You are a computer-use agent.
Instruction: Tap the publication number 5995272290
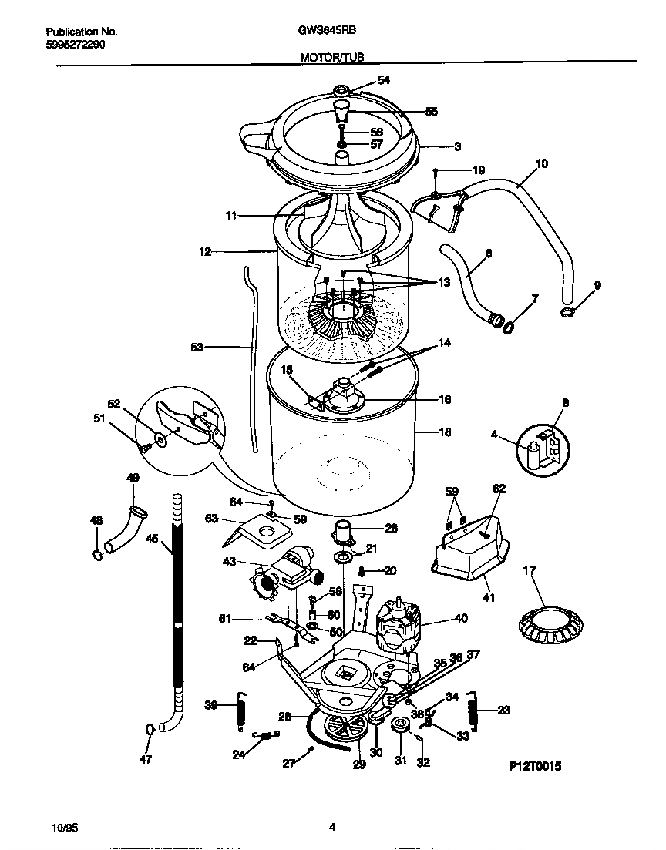tap(76, 45)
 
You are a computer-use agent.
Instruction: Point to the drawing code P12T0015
tap(535, 767)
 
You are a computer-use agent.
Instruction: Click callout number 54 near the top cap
tap(383, 80)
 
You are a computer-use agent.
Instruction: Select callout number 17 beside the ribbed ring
tap(529, 571)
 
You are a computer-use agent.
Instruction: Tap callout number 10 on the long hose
tap(541, 163)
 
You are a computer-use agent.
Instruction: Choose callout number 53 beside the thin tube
tap(197, 348)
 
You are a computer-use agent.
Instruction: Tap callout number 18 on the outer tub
tap(445, 432)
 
